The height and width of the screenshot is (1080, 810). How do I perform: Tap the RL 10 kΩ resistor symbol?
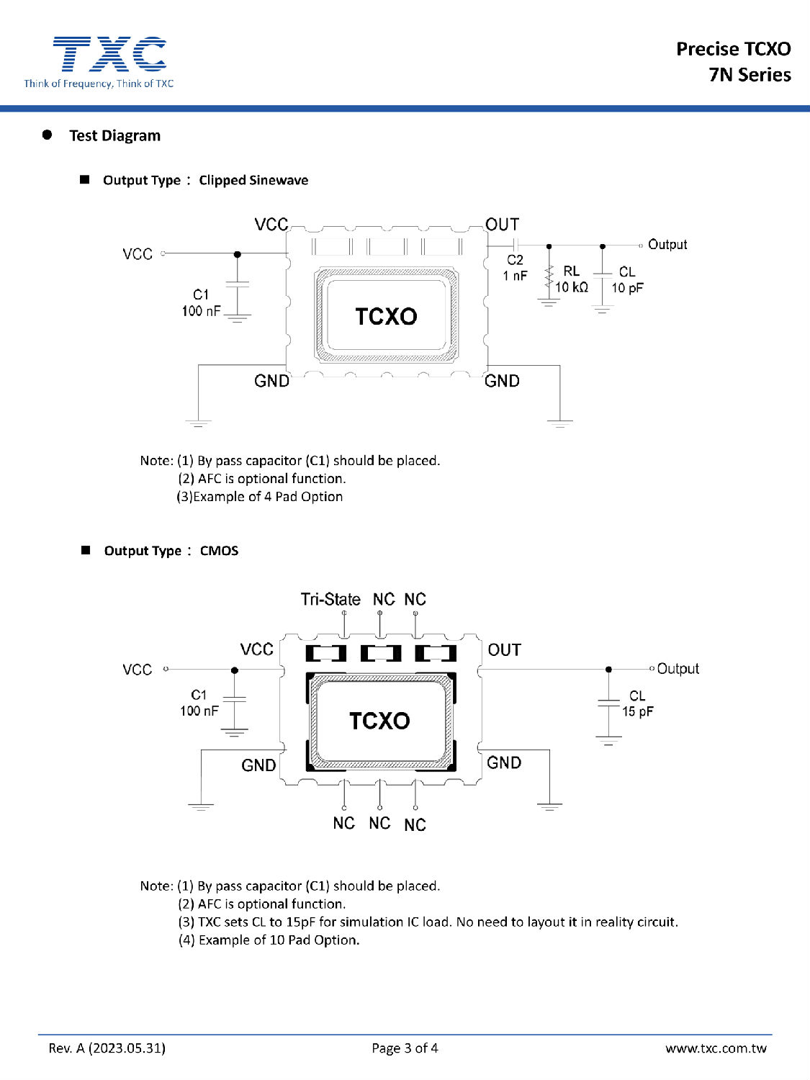(x=549, y=277)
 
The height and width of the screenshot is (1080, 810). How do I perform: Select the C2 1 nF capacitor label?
(x=515, y=268)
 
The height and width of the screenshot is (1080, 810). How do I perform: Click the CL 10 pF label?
(x=627, y=280)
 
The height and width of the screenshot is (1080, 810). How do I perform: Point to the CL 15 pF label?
(x=637, y=704)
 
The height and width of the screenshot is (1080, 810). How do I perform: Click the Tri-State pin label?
(x=330, y=599)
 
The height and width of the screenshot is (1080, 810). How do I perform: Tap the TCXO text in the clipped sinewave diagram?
(x=386, y=316)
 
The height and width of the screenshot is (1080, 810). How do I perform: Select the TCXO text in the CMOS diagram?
(x=379, y=721)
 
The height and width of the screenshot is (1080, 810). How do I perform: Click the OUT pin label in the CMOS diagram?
(x=504, y=650)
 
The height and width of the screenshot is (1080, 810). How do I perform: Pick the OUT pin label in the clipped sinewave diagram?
(x=502, y=225)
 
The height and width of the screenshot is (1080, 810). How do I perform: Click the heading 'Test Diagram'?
(x=114, y=135)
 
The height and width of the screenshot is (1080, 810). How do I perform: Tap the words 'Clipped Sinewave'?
(x=253, y=180)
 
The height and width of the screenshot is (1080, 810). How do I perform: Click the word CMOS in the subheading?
(x=219, y=551)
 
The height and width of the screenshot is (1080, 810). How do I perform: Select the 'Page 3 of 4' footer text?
(x=405, y=1048)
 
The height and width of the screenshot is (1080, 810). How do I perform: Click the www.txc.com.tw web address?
(x=716, y=1048)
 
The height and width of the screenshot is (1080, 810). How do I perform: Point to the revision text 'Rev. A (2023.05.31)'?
(x=107, y=1048)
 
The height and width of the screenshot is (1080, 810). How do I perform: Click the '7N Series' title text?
(x=750, y=75)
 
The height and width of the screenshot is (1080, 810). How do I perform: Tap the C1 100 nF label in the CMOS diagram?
(x=199, y=703)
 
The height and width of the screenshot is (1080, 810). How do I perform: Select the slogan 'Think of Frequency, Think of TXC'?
(x=99, y=84)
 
